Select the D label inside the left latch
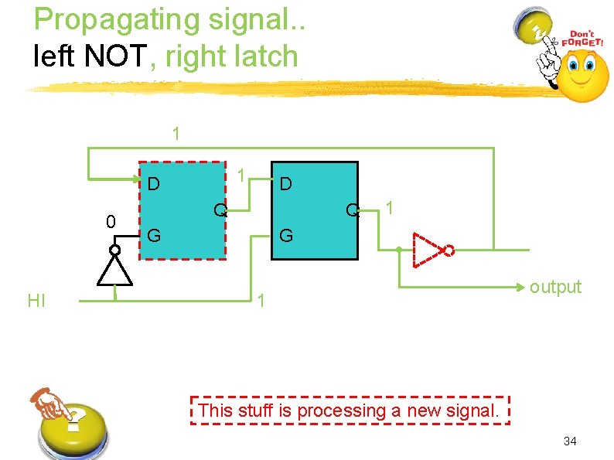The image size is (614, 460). click(154, 184)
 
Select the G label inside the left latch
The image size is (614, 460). click(154, 235)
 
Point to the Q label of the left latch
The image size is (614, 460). click(220, 210)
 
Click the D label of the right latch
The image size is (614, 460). click(285, 184)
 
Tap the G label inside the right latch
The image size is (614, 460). click(285, 235)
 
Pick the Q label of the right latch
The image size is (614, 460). click(353, 210)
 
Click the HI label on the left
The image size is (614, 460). click(36, 301)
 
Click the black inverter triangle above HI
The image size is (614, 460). click(114, 271)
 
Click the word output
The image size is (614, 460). click(555, 287)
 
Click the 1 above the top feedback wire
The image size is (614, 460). click(176, 133)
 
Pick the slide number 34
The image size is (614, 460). click(570, 441)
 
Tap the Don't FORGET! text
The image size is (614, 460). click(585, 39)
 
